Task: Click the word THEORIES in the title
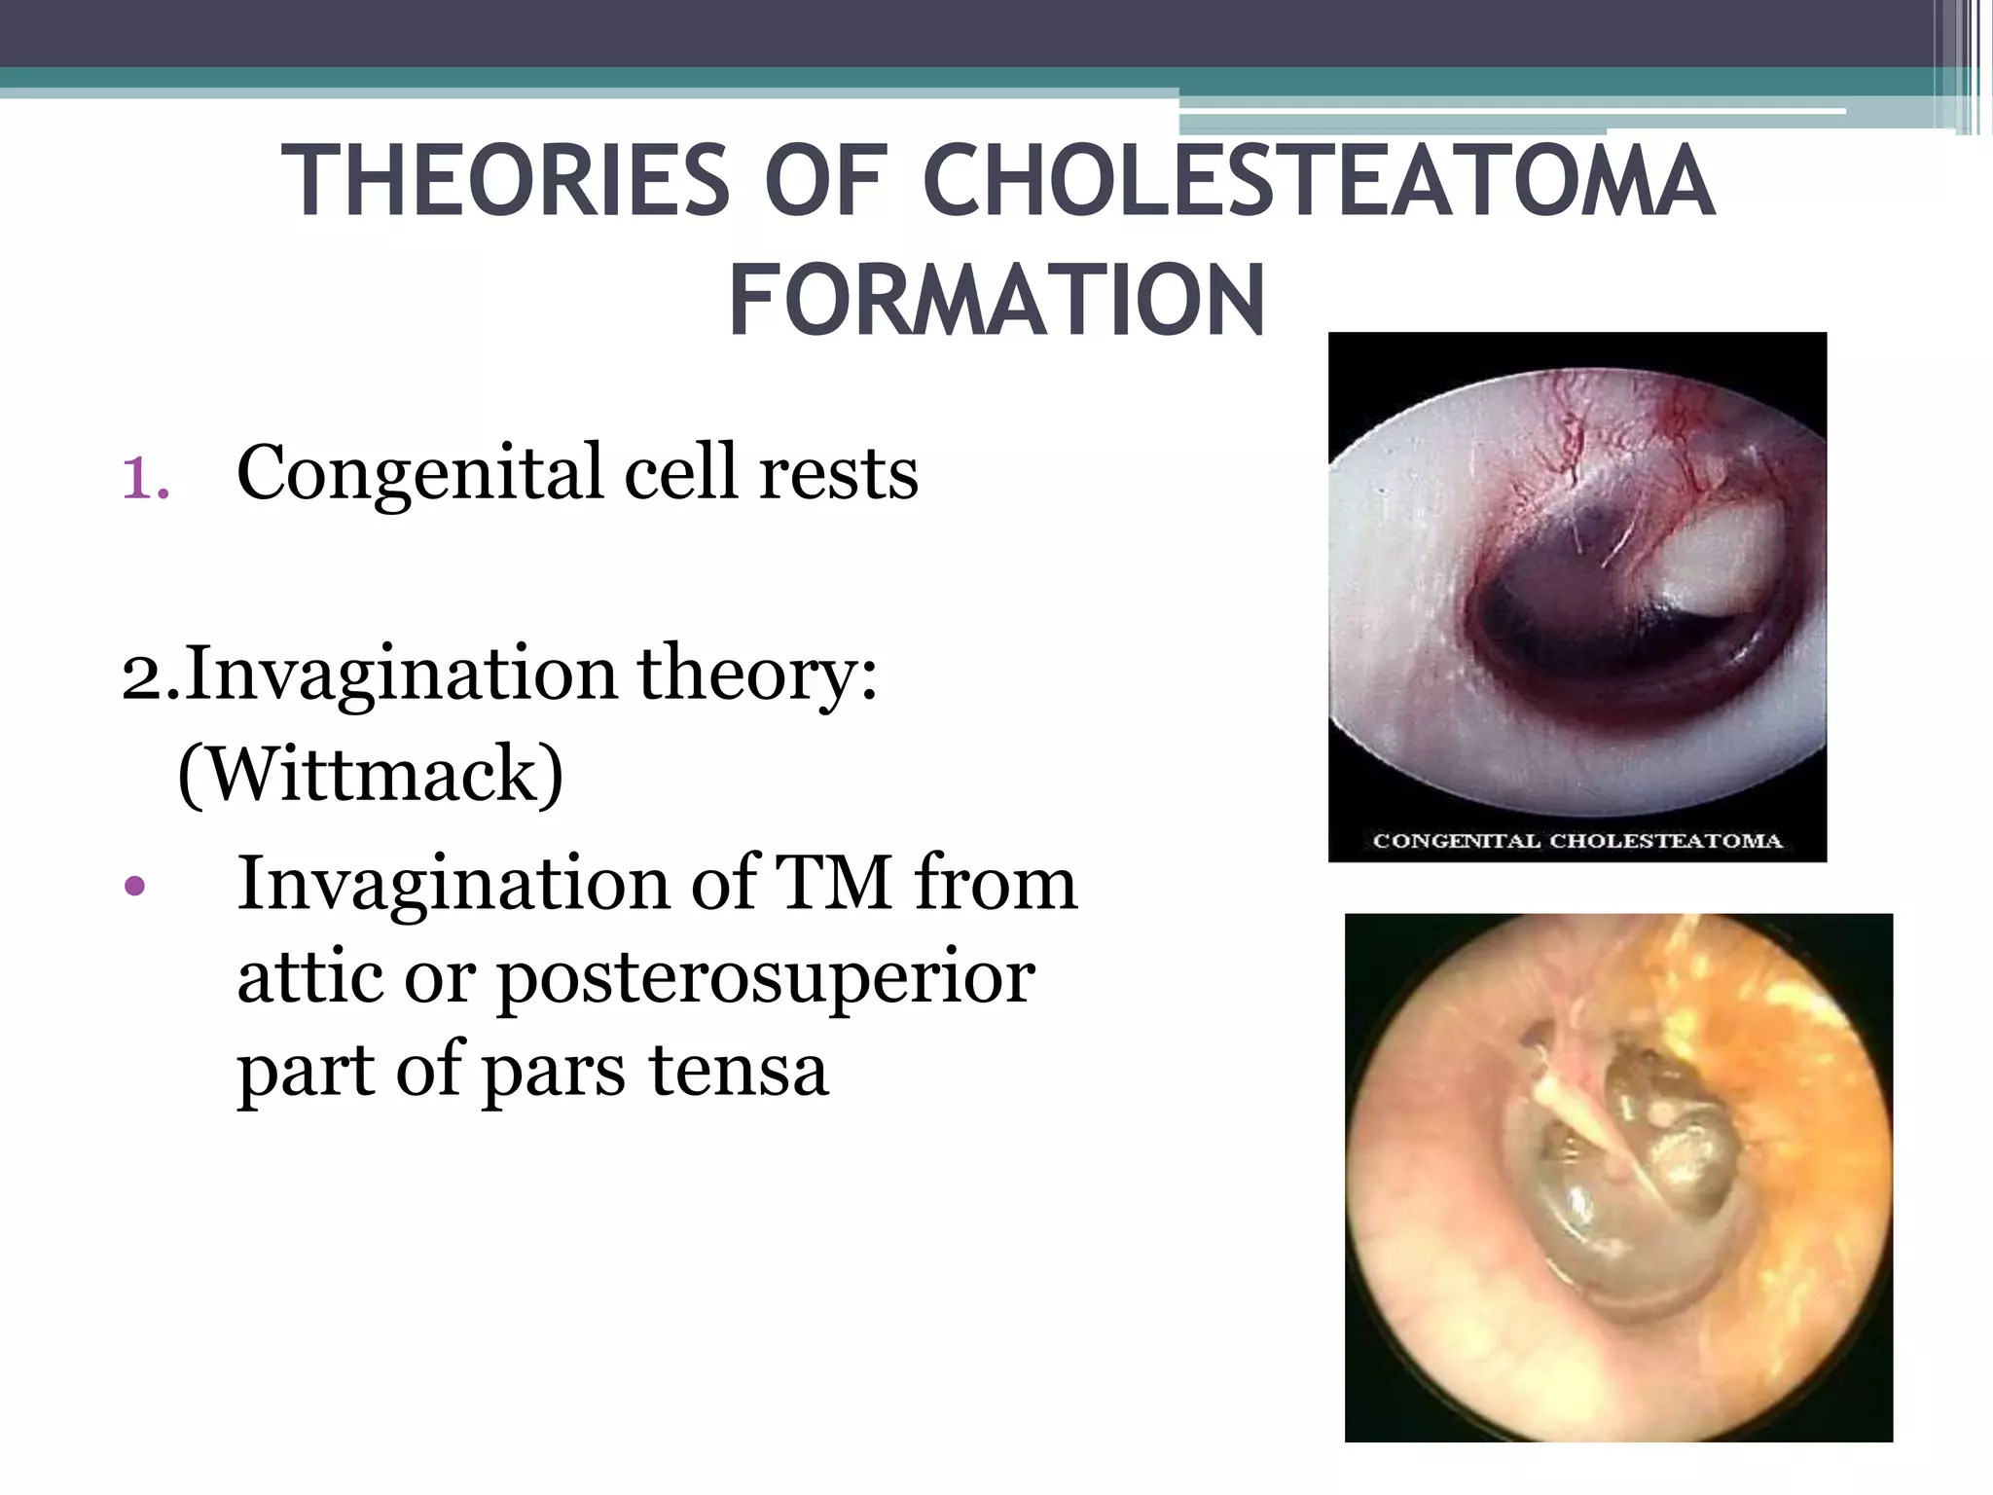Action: click(x=504, y=182)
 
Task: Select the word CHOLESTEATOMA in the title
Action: click(x=1318, y=182)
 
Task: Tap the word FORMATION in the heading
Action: click(x=996, y=301)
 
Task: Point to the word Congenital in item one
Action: click(x=419, y=474)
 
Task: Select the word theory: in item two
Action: click(x=757, y=674)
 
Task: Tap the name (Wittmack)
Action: click(x=370, y=775)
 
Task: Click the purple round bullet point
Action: click(x=135, y=887)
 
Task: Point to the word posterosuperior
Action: click(x=766, y=978)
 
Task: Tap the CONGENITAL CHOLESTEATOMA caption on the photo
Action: click(x=1576, y=841)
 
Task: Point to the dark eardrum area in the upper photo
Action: click(x=1547, y=613)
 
